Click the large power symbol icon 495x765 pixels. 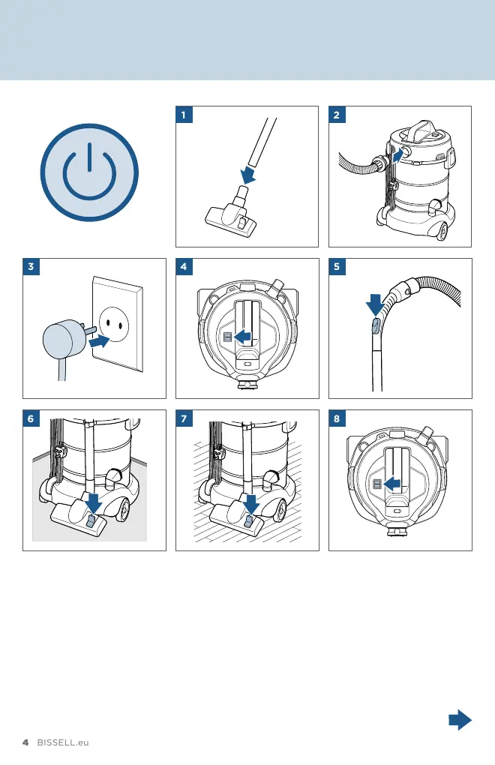pyautogui.click(x=89, y=172)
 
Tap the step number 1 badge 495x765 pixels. pyautogui.click(x=184, y=115)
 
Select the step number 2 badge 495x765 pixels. pyautogui.click(x=337, y=115)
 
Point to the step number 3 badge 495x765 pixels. pyautogui.click(x=31, y=266)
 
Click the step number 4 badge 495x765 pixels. pyautogui.click(x=184, y=266)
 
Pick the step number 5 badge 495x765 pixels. pyautogui.click(x=337, y=266)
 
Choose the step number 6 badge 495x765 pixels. pyautogui.click(x=31, y=418)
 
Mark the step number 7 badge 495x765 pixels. pyautogui.click(x=184, y=418)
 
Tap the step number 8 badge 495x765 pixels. pyautogui.click(x=337, y=418)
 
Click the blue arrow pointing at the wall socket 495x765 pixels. pyautogui.click(x=100, y=341)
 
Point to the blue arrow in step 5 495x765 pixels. pyautogui.click(x=374, y=304)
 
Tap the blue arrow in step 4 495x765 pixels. pyautogui.click(x=243, y=336)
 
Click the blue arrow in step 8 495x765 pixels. pyautogui.click(x=392, y=484)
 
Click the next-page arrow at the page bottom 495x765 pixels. pyautogui.click(x=460, y=720)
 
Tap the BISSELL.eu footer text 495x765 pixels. pyautogui.click(x=63, y=742)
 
